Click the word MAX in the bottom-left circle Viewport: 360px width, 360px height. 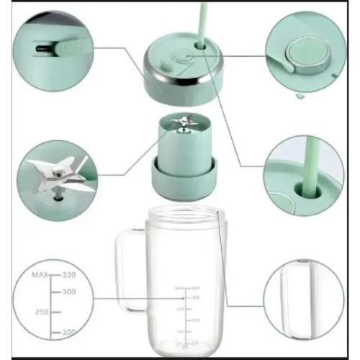[42, 275]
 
